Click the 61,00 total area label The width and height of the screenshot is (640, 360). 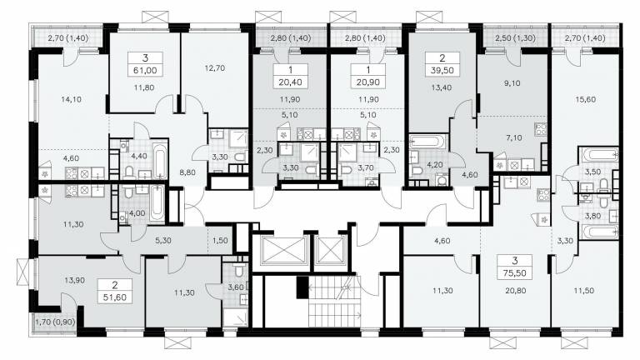(x=145, y=70)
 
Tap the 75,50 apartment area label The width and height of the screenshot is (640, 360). (x=515, y=273)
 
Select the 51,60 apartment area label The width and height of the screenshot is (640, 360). (x=115, y=297)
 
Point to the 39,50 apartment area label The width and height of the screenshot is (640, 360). (x=442, y=70)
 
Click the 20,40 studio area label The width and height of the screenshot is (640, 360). (x=290, y=82)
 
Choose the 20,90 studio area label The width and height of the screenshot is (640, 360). (x=368, y=82)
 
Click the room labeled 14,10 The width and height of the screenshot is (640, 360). (x=71, y=99)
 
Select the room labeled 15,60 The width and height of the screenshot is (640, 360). (x=585, y=99)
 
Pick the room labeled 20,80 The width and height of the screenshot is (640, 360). (x=516, y=291)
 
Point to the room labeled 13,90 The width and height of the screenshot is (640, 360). (x=75, y=280)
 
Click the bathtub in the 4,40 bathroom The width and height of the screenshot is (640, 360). (x=160, y=160)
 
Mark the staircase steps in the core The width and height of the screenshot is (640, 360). (x=334, y=302)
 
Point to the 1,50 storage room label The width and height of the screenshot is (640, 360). (x=220, y=240)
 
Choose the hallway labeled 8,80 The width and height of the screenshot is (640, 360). (x=187, y=172)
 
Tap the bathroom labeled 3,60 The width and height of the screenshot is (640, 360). (x=236, y=287)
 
